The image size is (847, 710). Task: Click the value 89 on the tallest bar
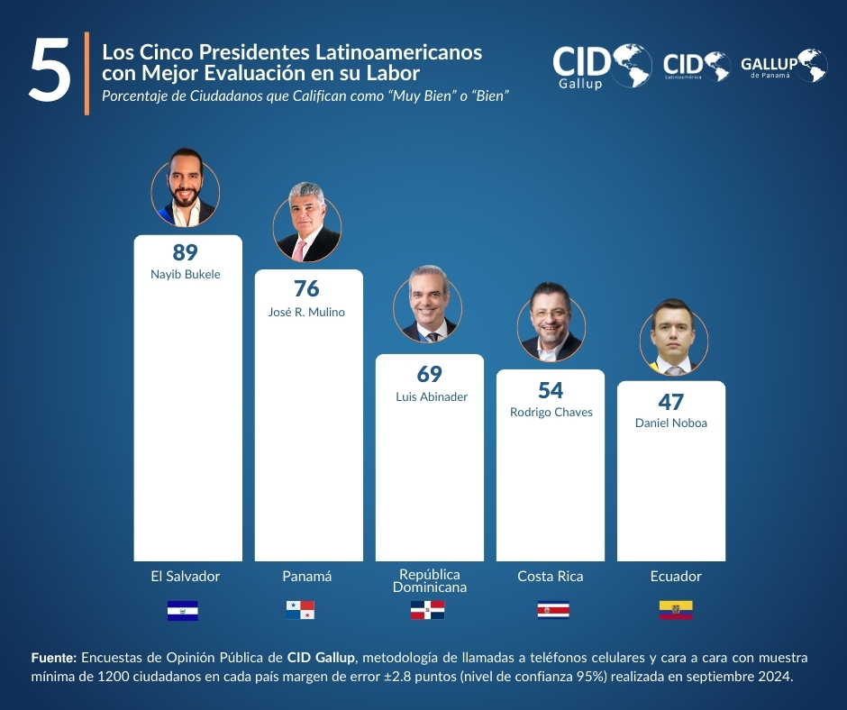point(185,253)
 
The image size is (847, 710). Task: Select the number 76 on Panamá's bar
point(306,288)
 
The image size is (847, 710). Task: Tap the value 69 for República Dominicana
point(429,374)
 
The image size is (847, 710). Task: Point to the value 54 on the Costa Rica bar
point(551,390)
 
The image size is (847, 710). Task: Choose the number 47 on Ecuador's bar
point(670,402)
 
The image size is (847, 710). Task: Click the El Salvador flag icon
point(182,611)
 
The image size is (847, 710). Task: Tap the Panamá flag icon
point(300,610)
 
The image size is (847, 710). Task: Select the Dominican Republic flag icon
point(427,610)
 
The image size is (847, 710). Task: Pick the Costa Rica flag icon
point(552,610)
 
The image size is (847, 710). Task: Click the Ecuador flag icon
point(676,610)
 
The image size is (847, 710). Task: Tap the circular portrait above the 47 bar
point(673,341)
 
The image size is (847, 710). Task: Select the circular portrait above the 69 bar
point(427,309)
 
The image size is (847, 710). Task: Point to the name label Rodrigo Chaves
point(551,412)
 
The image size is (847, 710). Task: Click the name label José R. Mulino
point(307,312)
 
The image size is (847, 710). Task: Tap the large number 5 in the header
point(50,70)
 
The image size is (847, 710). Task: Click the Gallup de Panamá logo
point(783,66)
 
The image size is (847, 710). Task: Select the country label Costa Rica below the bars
point(550,577)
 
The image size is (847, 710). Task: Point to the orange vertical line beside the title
point(87,73)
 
